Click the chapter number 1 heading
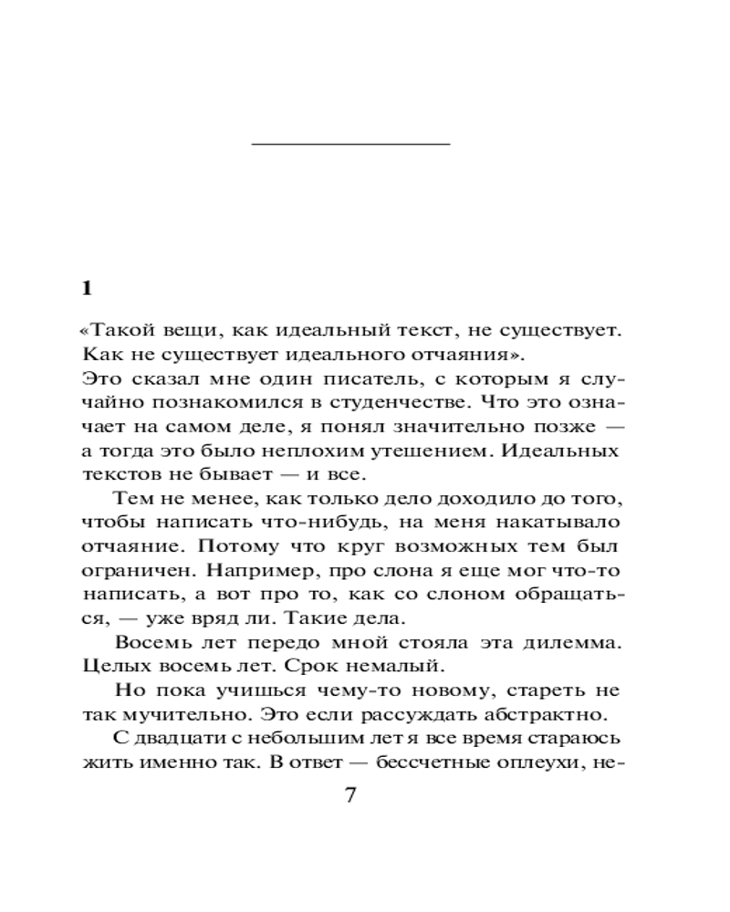coord(88,288)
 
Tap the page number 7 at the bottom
coord(349,794)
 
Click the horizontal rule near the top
coord(350,143)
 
